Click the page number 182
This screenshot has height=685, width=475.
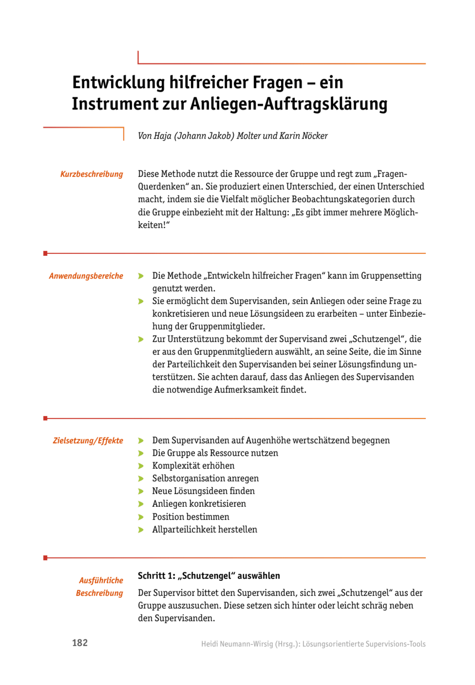tap(80, 643)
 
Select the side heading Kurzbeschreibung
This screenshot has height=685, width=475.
tap(92, 174)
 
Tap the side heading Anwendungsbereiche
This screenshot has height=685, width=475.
tap(86, 276)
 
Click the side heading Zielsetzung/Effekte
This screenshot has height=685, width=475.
tap(88, 441)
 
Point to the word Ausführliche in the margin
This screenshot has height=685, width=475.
tap(101, 580)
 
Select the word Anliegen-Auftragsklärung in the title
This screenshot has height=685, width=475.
tap(289, 104)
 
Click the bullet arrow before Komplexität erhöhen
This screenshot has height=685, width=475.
tap(141, 466)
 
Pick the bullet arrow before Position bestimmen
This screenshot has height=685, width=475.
tap(141, 517)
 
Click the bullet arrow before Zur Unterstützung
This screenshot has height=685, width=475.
tap(141, 340)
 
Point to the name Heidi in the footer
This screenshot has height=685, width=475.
tap(209, 644)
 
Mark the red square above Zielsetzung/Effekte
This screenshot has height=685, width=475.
tap(45, 418)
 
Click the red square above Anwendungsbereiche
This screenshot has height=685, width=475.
tap(45, 254)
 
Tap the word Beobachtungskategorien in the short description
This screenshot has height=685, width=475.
tap(353, 199)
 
